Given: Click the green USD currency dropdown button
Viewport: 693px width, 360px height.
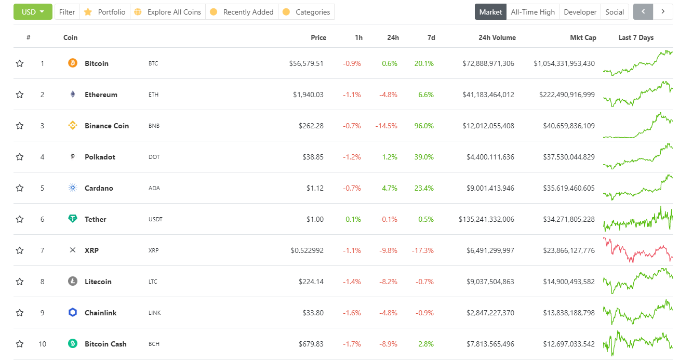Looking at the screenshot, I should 33,12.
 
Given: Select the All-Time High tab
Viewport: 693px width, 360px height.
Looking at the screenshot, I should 532,12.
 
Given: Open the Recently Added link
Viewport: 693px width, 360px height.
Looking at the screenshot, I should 248,12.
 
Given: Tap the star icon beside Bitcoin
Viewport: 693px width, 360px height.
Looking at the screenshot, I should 20,63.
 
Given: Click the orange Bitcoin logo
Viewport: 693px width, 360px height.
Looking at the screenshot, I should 73,63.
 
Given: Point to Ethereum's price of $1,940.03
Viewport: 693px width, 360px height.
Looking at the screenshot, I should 308,95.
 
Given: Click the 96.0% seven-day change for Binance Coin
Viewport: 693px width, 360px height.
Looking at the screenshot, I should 424,126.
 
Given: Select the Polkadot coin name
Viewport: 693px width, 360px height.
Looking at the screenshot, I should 100,157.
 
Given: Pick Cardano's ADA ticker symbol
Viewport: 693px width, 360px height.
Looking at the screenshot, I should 154,188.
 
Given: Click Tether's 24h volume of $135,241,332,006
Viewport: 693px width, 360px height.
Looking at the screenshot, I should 486,219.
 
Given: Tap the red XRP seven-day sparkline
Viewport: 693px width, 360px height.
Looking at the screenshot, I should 637,250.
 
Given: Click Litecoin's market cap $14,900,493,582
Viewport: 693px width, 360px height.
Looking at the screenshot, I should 565,282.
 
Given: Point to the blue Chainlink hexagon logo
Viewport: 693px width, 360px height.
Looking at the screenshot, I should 73,312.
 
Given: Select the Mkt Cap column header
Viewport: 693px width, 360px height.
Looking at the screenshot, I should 583,37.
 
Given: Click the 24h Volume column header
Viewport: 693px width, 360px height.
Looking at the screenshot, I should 497,37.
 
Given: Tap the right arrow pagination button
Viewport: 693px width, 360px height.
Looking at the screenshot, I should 663,11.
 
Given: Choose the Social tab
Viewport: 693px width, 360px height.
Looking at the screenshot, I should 615,12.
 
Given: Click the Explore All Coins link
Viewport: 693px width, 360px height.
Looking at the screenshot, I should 174,12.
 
